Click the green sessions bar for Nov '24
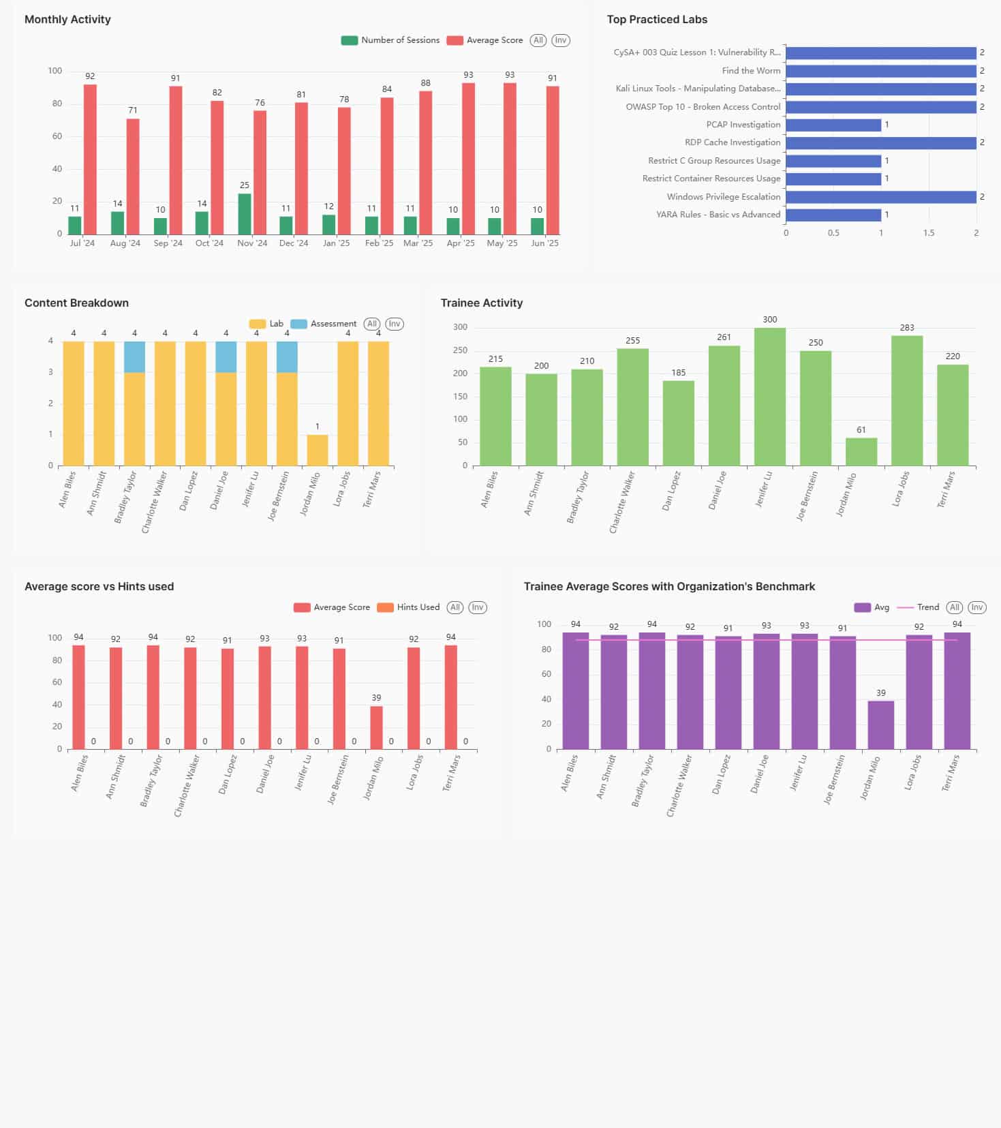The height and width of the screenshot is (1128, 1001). point(244,214)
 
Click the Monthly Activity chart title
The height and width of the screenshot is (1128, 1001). point(67,19)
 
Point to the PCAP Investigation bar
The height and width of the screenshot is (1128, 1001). point(833,125)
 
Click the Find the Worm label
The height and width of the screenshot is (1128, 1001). point(751,70)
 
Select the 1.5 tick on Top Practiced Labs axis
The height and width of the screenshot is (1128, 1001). point(929,233)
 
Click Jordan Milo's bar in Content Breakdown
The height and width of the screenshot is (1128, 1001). point(318,450)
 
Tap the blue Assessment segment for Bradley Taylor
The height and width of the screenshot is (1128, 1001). point(134,356)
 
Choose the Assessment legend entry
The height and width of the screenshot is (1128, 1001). point(324,324)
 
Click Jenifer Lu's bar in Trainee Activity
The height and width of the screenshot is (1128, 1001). point(770,397)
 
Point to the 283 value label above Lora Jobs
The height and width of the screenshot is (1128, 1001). point(907,327)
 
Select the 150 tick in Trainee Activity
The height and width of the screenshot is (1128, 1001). point(461,397)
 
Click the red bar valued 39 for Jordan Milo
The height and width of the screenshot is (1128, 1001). point(376,727)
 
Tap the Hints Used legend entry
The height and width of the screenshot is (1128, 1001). point(409,607)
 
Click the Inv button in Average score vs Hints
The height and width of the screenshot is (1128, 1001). point(478,607)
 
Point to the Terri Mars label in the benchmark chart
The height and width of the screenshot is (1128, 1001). point(951,773)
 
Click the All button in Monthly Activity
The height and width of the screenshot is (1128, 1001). point(538,40)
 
